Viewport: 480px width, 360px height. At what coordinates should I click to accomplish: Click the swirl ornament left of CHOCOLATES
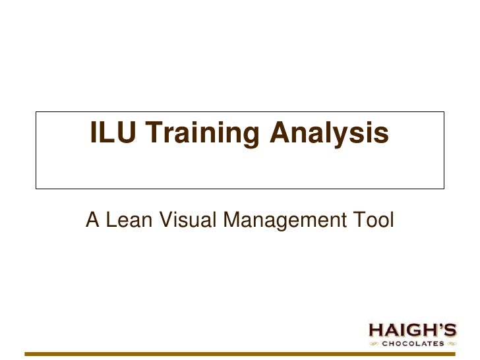[x=374, y=344]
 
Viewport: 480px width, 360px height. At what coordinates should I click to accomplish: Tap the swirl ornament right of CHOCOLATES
[x=450, y=344]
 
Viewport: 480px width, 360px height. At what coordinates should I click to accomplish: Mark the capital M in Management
[x=233, y=222]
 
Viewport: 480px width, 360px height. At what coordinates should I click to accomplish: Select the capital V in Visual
[x=162, y=222]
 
